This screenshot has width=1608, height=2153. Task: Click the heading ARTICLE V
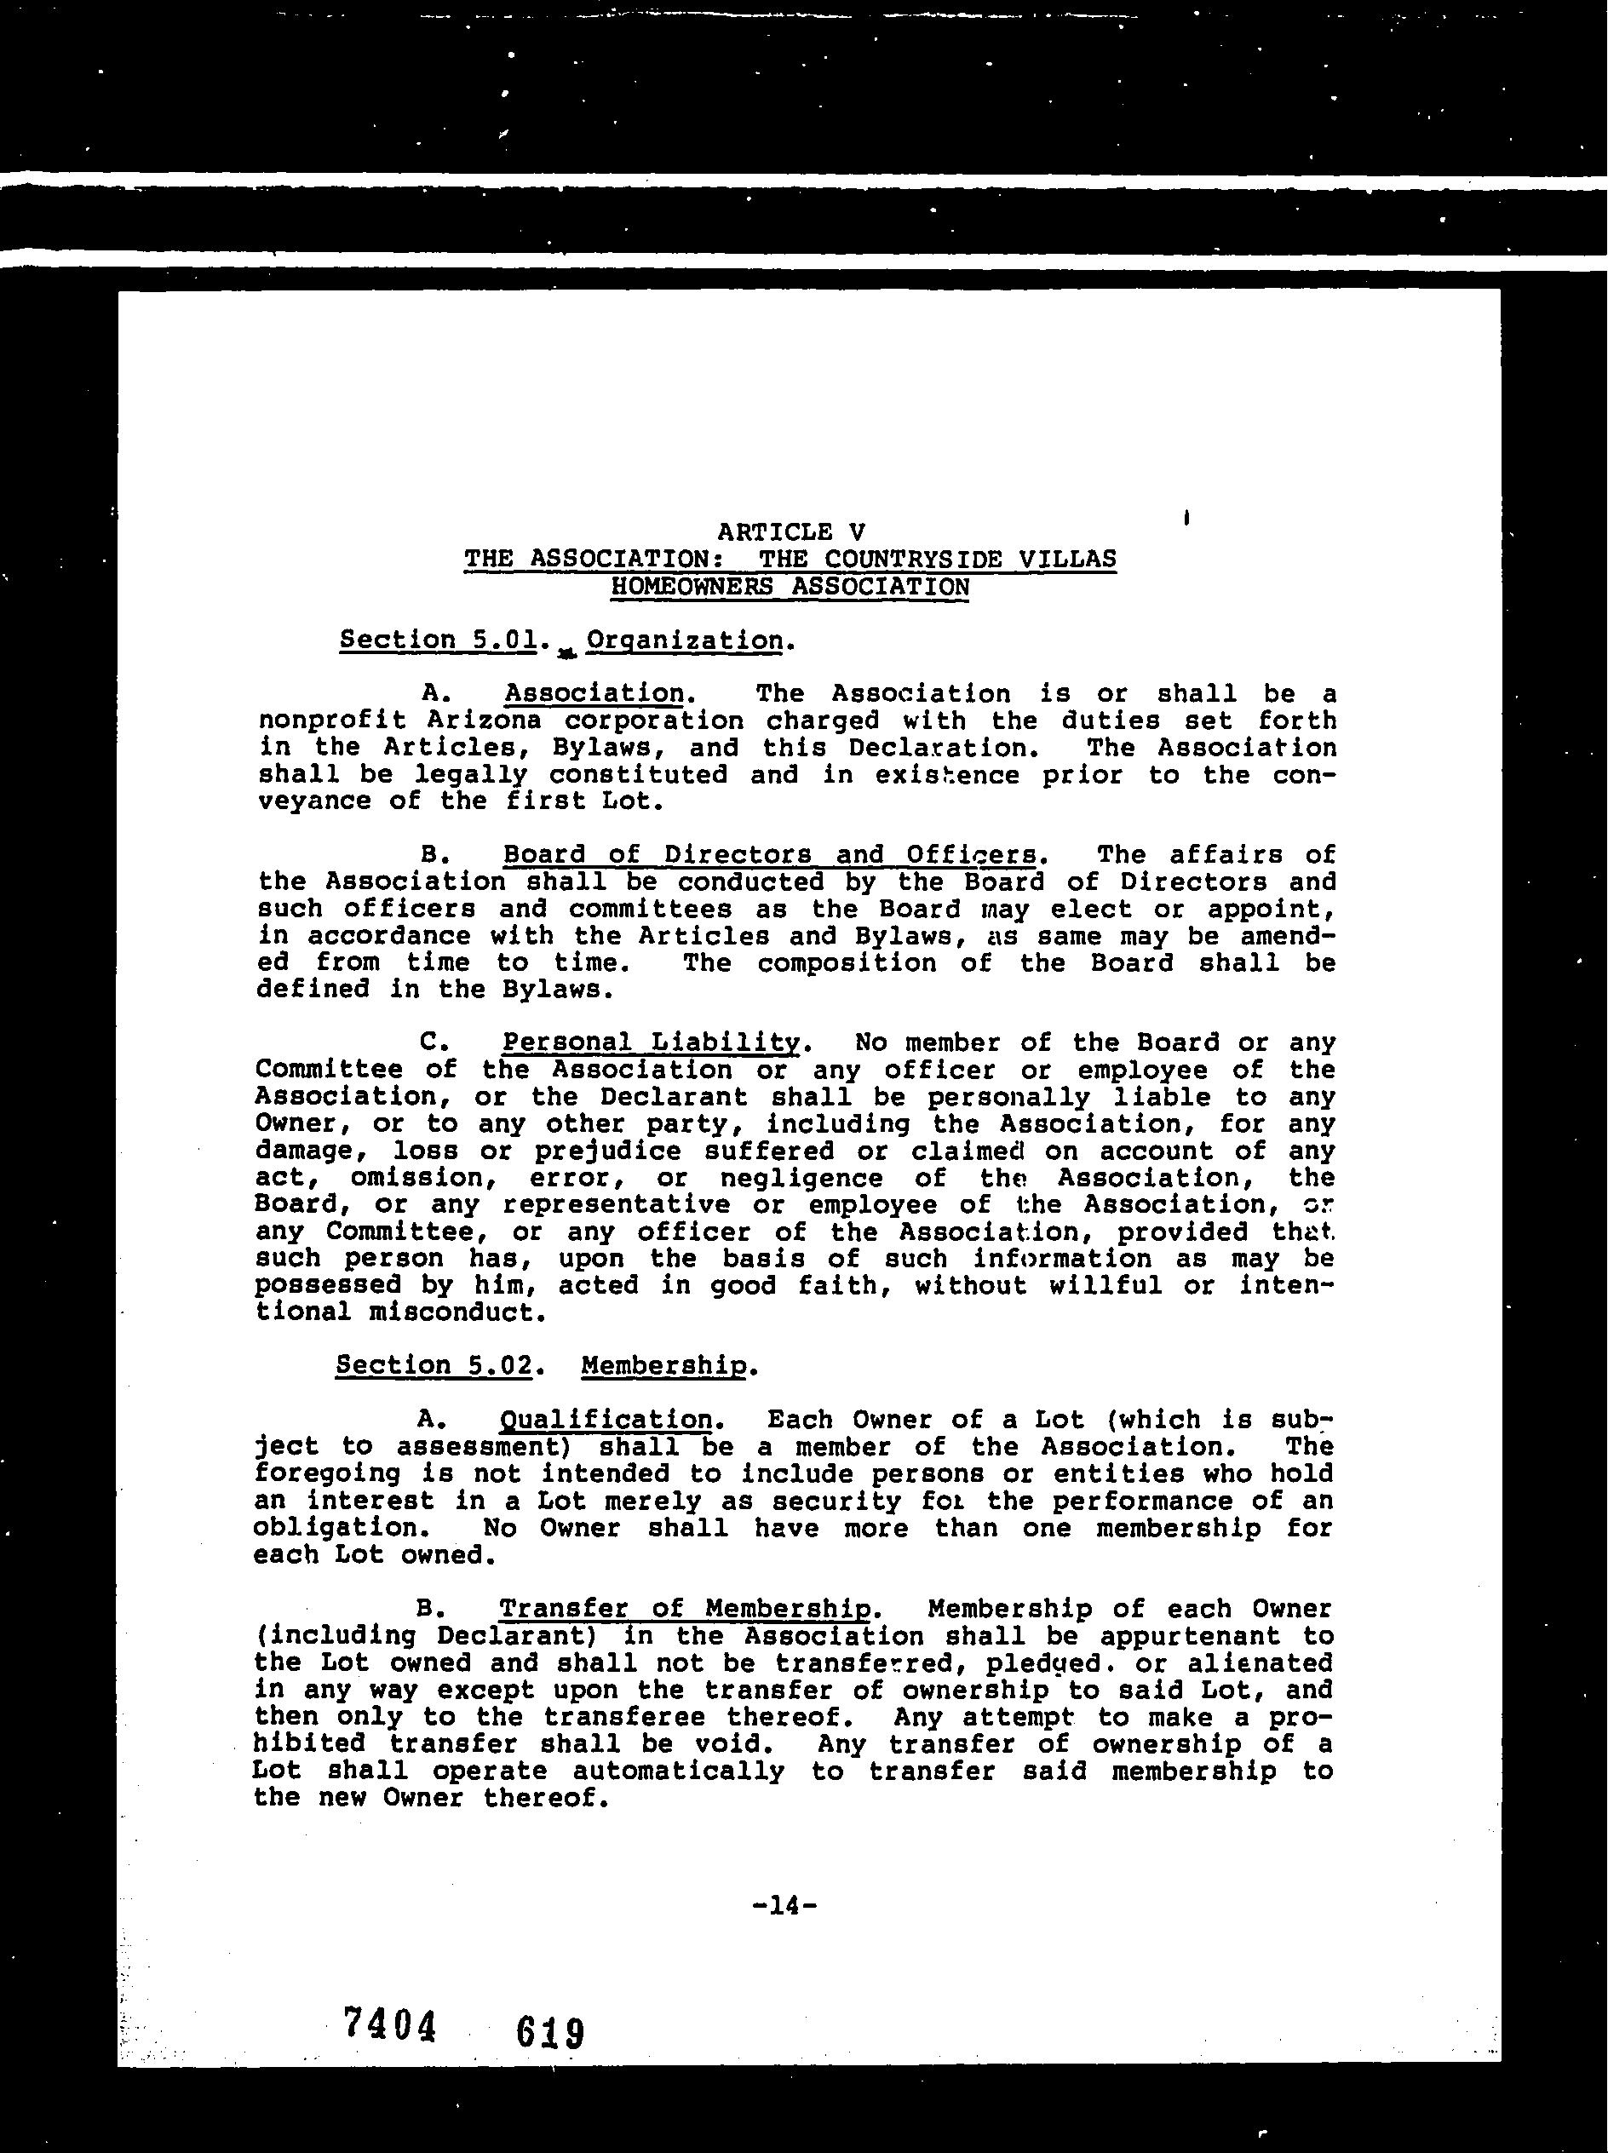(790, 531)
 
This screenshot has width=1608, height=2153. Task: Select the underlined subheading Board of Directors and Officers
(769, 854)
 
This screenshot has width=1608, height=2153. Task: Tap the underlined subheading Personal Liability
(650, 1042)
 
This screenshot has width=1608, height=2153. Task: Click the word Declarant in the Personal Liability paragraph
(674, 1097)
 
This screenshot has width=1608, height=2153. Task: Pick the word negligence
(801, 1178)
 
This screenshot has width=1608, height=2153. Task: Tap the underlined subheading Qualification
(606, 1420)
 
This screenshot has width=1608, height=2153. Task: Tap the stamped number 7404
(388, 2024)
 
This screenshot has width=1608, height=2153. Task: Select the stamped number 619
(550, 2032)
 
